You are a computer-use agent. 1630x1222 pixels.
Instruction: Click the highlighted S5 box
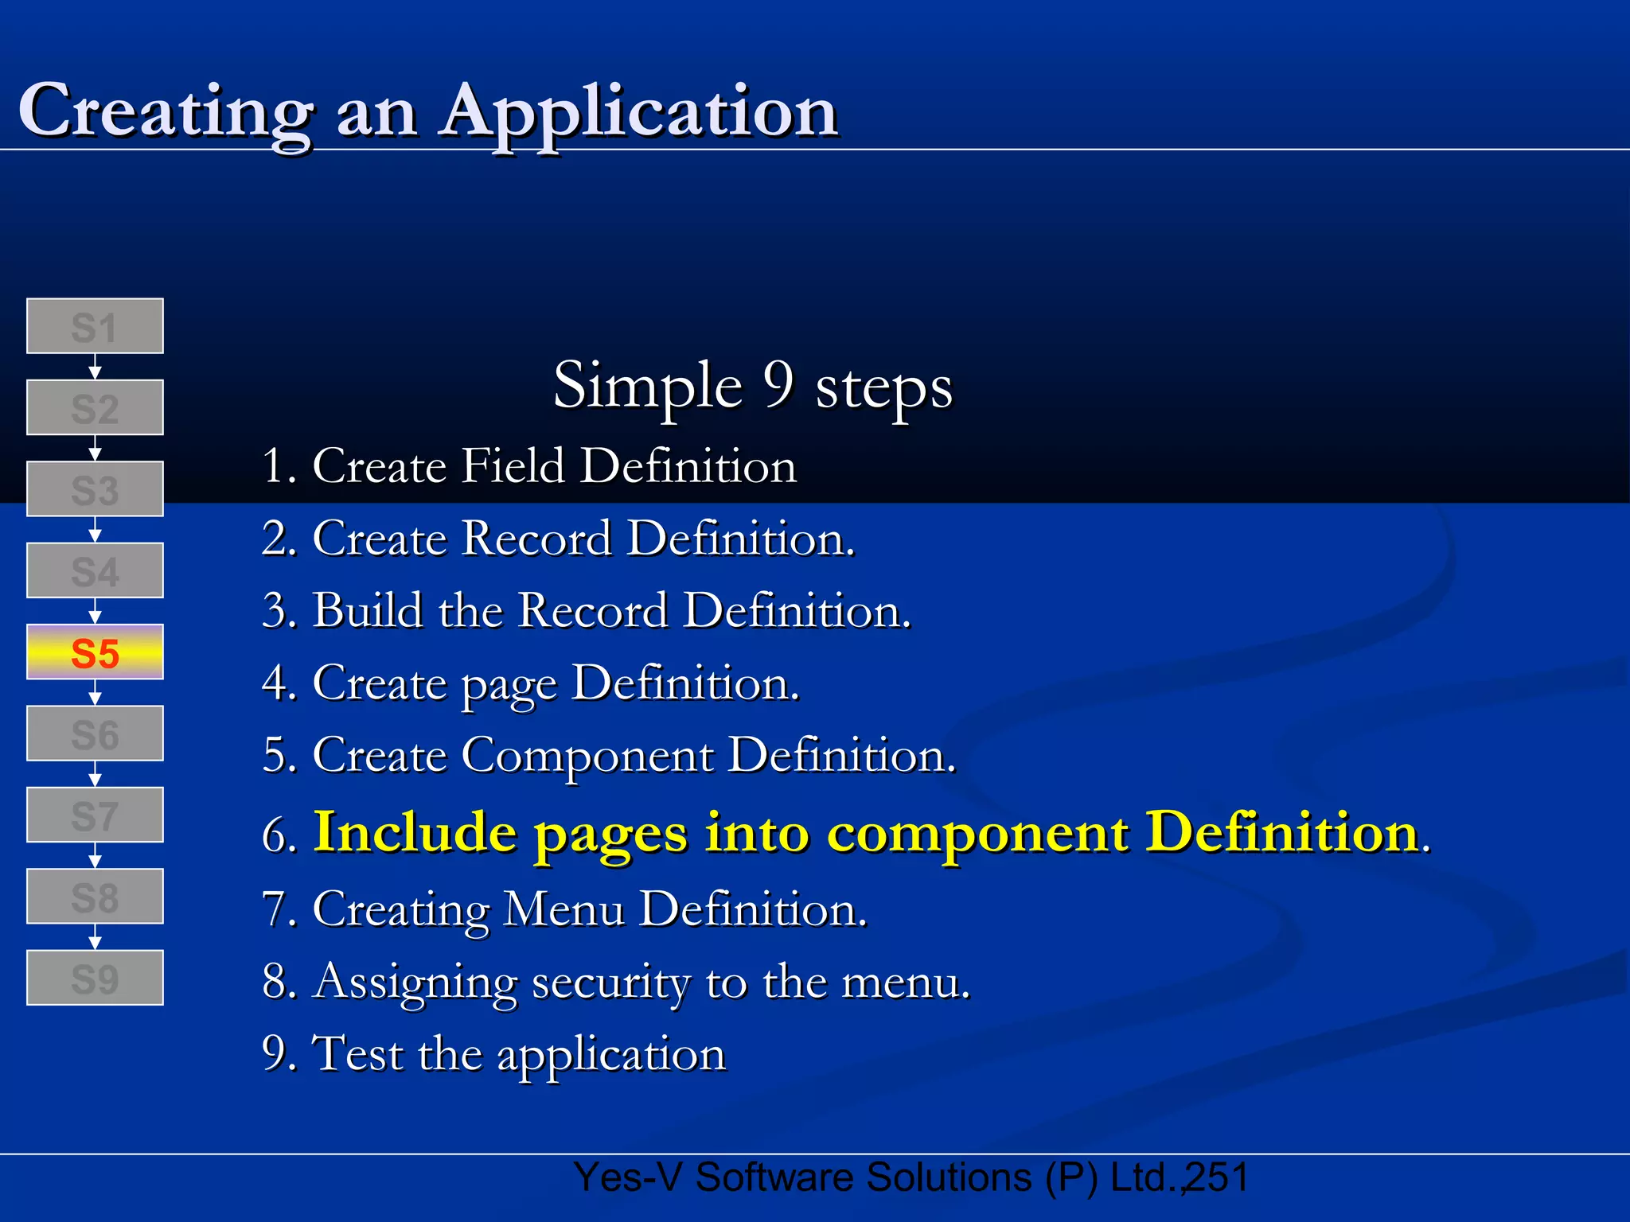coord(95,652)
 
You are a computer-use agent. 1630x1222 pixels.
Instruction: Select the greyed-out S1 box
coord(95,326)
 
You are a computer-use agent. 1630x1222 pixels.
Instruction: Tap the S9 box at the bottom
coord(95,978)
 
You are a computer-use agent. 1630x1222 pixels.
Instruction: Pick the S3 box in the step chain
coord(95,489)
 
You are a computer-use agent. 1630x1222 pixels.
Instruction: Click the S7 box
coord(95,815)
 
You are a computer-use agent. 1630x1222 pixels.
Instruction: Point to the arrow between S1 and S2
coord(95,368)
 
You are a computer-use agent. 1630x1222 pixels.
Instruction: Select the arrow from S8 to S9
coord(95,937)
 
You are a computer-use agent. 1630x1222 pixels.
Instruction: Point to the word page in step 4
coord(509,686)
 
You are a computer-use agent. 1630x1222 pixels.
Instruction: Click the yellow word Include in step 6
coord(415,833)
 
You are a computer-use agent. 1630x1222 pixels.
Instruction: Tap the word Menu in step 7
coord(564,909)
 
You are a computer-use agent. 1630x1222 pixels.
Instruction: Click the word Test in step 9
coord(357,1054)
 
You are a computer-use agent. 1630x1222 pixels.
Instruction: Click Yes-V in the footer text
coord(627,1177)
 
